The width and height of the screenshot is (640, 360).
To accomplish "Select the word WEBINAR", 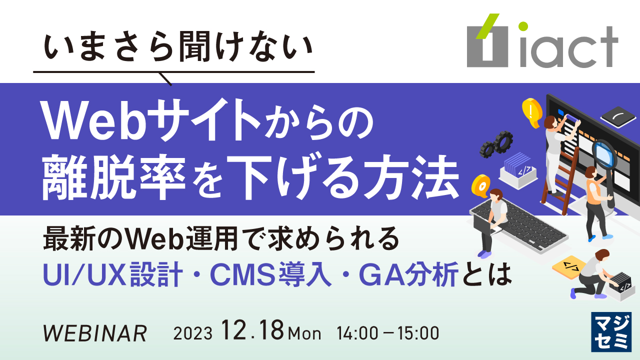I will pos(95,332).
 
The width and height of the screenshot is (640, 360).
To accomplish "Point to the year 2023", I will pos(193,333).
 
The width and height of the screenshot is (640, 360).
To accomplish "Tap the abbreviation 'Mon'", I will pos(305,333).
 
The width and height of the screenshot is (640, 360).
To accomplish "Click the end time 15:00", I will pos(418,332).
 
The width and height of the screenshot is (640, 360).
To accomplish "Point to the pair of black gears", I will pos(496,143).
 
